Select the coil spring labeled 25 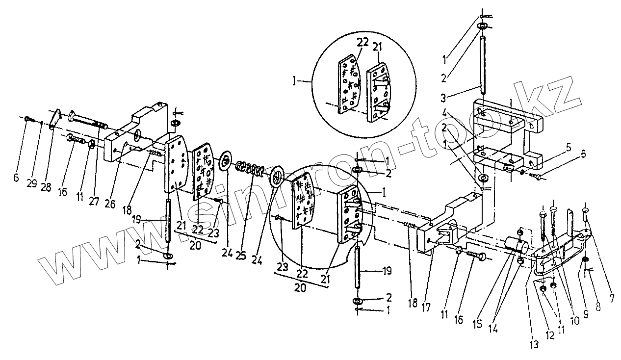pos(249,169)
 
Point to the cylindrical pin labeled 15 pos(516,246)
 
